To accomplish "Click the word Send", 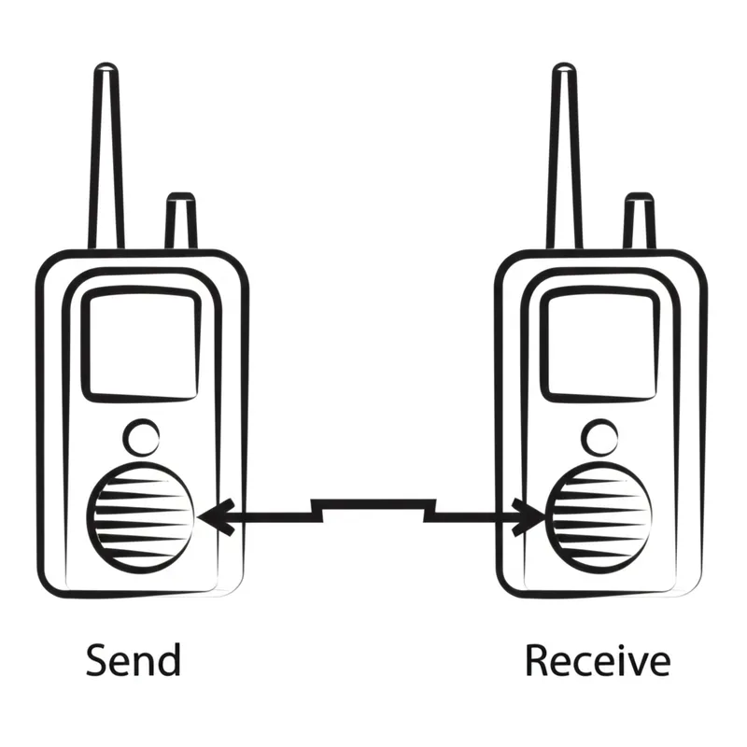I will [133, 660].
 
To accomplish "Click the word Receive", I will [597, 660].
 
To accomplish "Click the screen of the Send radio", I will [142, 342].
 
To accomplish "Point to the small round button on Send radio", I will [142, 436].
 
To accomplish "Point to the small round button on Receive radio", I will [601, 436].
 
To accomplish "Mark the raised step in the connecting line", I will [373, 503].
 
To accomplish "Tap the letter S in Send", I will [97, 660].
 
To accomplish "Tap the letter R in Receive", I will [536, 660].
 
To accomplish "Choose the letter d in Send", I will [168, 659].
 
